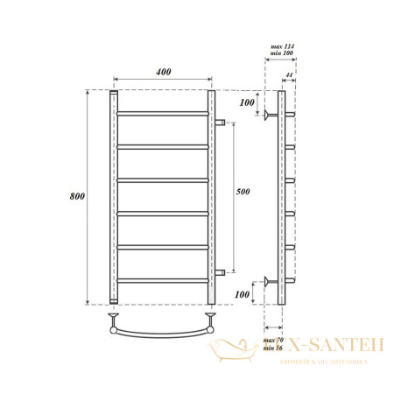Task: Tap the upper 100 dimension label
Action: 247,103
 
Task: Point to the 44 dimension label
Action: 289,76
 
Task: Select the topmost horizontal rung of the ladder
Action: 163,114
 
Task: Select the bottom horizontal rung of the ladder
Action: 163,280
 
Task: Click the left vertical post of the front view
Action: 114,196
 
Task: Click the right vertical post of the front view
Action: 211,196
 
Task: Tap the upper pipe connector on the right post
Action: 222,122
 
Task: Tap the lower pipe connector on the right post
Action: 222,272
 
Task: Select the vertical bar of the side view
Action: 279,196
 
